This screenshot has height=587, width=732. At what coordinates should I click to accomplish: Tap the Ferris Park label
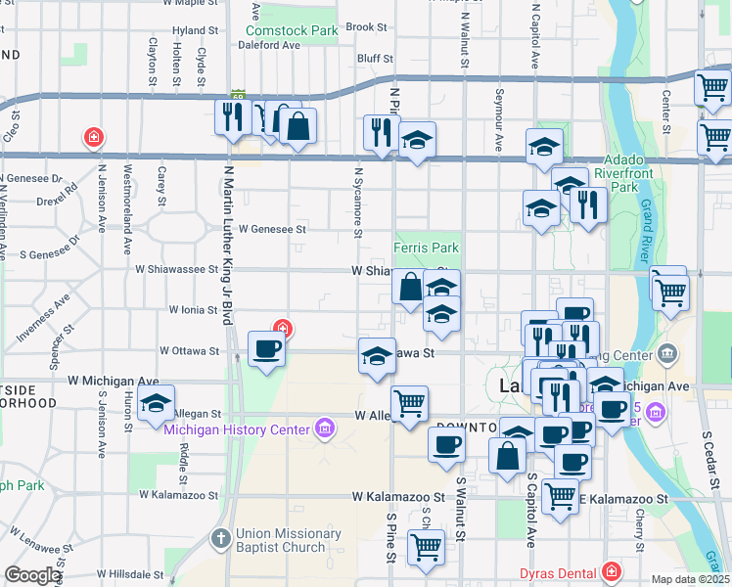click(426, 248)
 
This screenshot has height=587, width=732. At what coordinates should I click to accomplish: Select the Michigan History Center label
click(237, 428)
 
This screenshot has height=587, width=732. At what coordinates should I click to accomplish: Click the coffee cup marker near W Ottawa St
click(266, 348)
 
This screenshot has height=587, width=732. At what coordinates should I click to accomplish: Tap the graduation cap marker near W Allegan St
click(155, 402)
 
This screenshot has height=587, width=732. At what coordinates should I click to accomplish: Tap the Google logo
click(33, 575)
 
